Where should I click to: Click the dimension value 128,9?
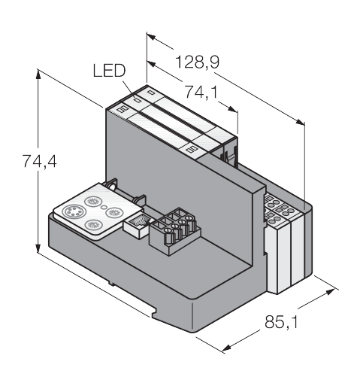click(197, 62)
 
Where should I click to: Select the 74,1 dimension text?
click(201, 92)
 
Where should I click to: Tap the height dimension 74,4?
click(40, 161)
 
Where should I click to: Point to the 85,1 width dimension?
click(282, 322)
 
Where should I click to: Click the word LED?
click(109, 71)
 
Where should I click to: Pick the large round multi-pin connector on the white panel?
click(74, 212)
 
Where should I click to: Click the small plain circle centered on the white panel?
click(104, 207)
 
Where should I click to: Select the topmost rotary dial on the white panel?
click(93, 201)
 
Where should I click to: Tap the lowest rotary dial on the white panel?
click(93, 225)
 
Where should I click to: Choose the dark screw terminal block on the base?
click(175, 231)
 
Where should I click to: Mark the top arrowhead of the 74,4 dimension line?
click(38, 74)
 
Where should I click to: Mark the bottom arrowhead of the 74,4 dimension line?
click(38, 247)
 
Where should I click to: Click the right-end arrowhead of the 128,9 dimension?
click(300, 122)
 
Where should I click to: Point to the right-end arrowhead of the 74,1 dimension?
click(232, 109)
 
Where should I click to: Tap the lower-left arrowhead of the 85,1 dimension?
click(227, 348)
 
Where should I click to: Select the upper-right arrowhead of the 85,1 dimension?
click(329, 292)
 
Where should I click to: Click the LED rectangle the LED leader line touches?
click(138, 101)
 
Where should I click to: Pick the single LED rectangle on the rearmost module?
click(150, 93)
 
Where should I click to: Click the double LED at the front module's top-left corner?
click(123, 109)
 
